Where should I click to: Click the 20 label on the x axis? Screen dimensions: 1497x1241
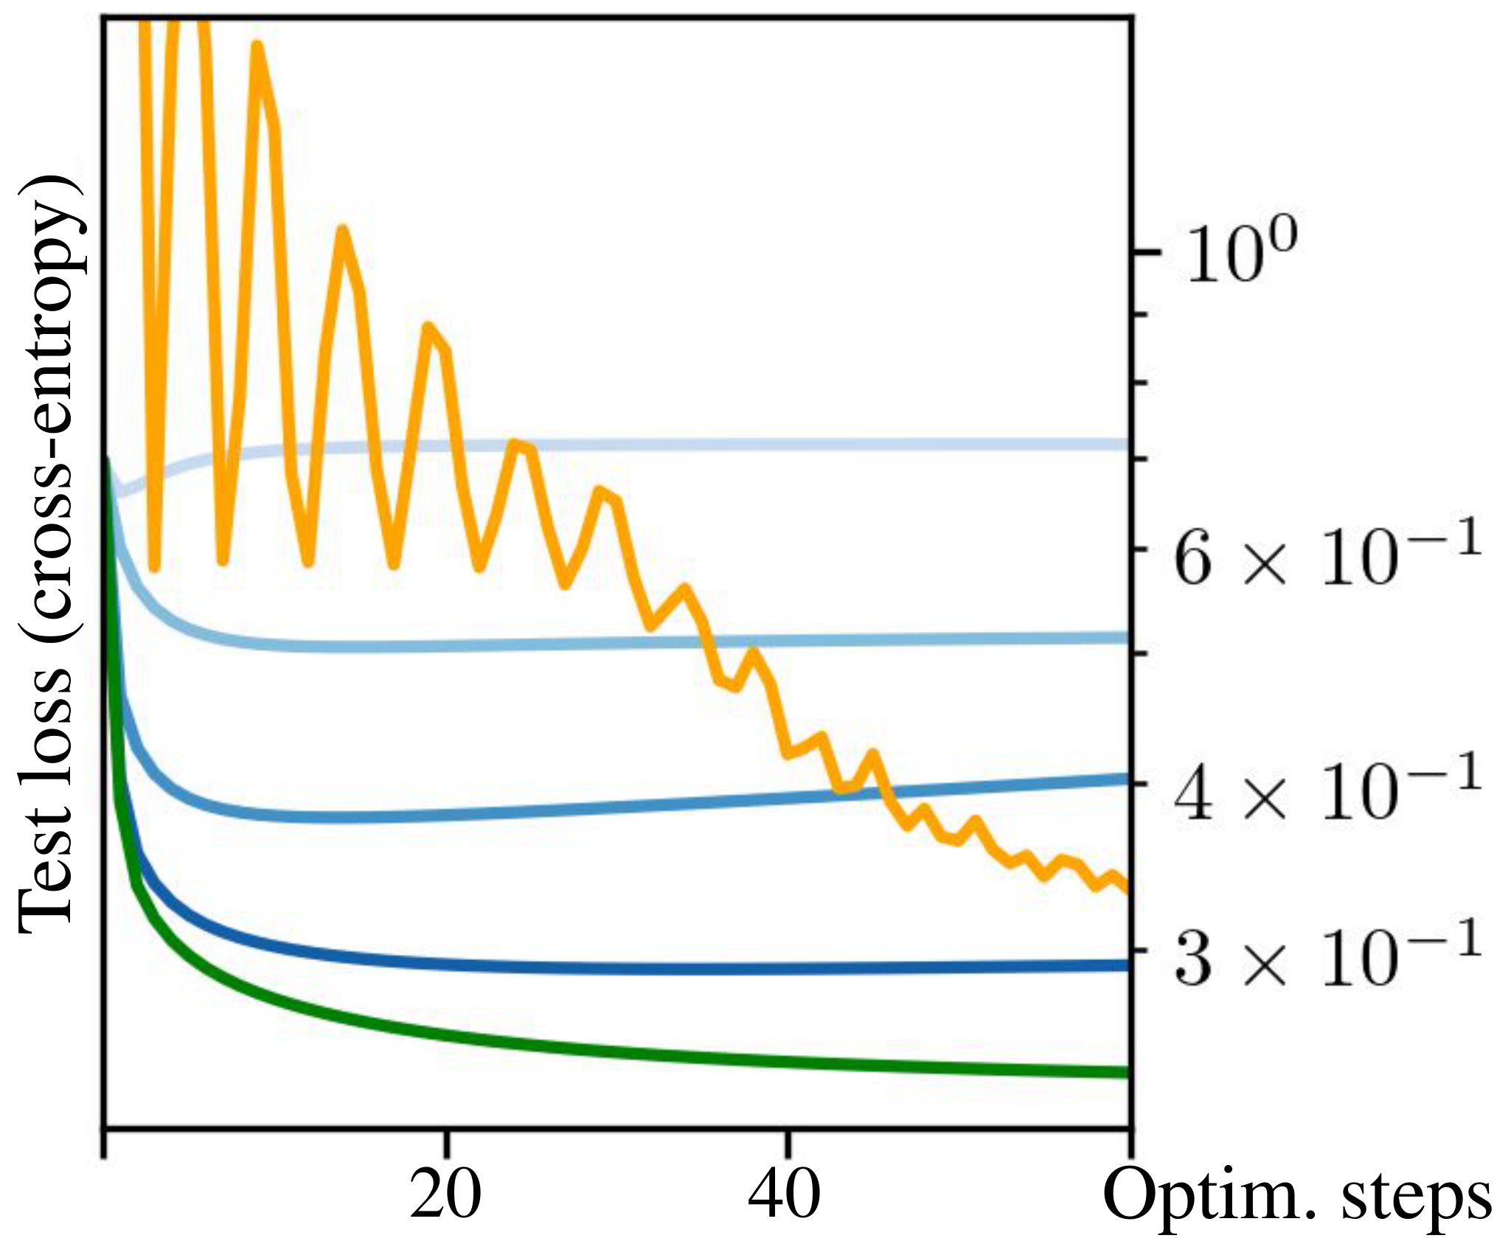445,1196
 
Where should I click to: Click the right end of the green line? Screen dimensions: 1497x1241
1128,1071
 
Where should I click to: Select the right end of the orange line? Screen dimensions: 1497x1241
1128,890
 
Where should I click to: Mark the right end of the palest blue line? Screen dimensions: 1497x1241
1128,444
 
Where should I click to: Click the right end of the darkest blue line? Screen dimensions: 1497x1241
1128,964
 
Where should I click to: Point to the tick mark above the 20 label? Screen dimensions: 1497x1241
446,1141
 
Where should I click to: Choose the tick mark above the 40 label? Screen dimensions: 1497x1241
788,1141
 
